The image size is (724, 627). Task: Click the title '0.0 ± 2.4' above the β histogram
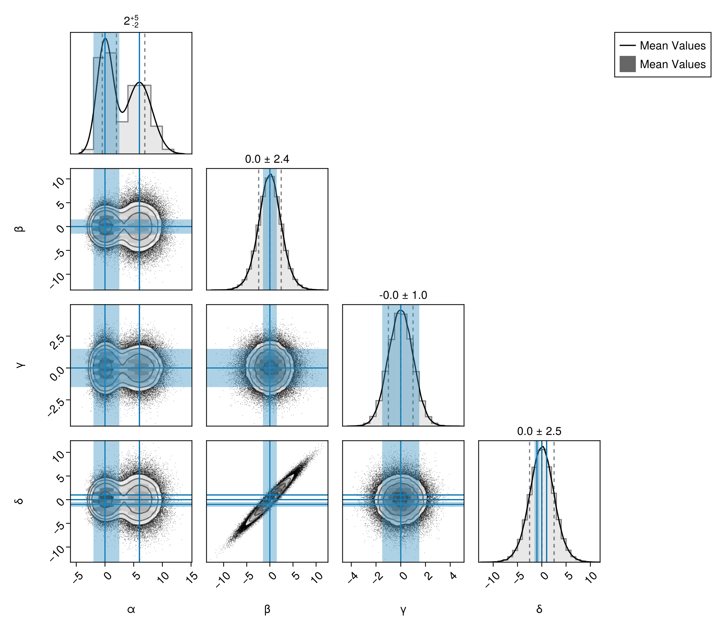(267, 159)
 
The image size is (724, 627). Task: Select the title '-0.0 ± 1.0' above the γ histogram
(403, 295)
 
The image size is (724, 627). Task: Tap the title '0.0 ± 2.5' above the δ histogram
(539, 432)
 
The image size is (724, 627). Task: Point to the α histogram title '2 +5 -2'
(131, 21)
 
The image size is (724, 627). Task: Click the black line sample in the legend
(627, 45)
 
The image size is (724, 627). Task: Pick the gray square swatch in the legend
(627, 64)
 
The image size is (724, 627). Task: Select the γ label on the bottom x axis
(403, 610)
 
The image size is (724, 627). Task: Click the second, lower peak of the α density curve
(139, 82)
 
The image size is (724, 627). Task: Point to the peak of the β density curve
(270, 174)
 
